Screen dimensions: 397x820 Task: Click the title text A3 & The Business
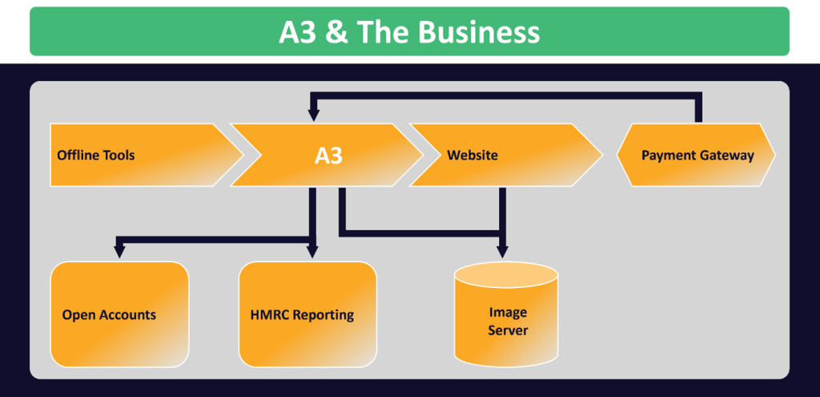pyautogui.click(x=409, y=32)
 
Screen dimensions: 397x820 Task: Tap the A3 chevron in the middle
pyautogui.click(x=328, y=155)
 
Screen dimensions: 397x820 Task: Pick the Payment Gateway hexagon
pyautogui.click(x=697, y=155)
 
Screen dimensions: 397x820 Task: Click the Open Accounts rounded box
pyautogui.click(x=119, y=314)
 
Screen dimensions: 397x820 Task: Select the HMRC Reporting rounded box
pyautogui.click(x=307, y=314)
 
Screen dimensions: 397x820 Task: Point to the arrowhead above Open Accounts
pyautogui.click(x=119, y=251)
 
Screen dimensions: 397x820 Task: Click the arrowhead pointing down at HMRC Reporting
pyautogui.click(x=312, y=253)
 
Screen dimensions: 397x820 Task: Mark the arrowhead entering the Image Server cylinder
pyautogui.click(x=502, y=253)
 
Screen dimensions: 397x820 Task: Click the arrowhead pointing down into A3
pyautogui.click(x=313, y=115)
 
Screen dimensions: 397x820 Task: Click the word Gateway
pyautogui.click(x=725, y=156)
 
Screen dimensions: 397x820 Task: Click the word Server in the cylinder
pyautogui.click(x=508, y=330)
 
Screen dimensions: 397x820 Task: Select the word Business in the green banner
pyautogui.click(x=479, y=32)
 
